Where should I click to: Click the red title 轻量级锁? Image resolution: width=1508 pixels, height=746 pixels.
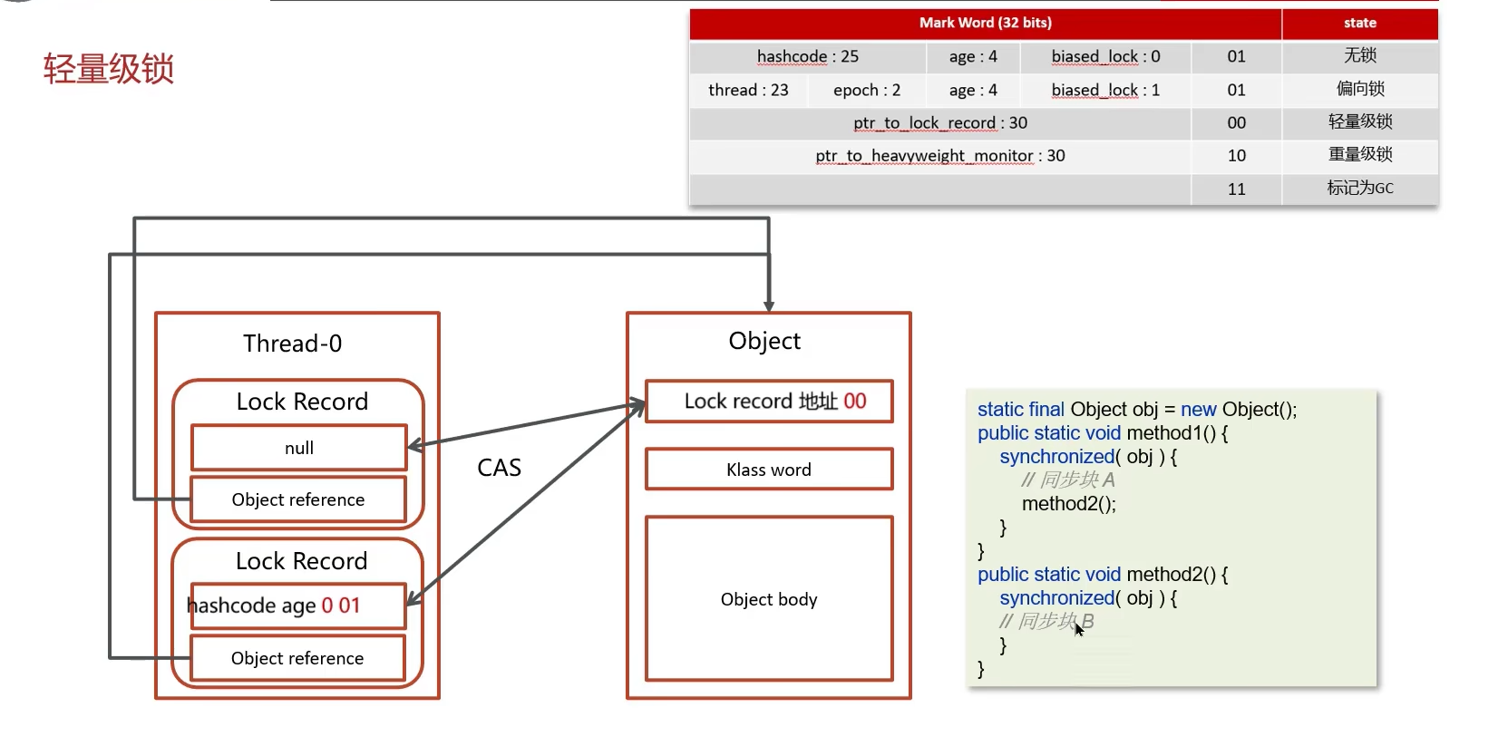(108, 69)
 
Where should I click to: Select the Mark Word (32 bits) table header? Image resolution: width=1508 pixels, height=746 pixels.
(985, 23)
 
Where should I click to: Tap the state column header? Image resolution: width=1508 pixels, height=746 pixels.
(1359, 23)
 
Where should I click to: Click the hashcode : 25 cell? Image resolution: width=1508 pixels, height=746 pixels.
(807, 56)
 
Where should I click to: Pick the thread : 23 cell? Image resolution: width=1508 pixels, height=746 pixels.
(748, 90)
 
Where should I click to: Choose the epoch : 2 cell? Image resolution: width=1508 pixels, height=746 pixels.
(867, 90)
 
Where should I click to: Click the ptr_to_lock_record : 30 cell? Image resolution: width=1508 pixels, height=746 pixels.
(939, 122)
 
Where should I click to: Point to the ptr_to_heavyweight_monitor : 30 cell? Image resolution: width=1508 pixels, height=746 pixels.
(939, 156)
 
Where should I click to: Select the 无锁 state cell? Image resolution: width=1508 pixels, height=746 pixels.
(1359, 56)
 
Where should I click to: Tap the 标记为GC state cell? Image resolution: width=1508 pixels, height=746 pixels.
(1359, 189)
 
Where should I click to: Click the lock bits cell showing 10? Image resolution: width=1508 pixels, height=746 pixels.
(1236, 156)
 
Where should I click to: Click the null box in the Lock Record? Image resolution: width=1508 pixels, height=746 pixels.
(299, 448)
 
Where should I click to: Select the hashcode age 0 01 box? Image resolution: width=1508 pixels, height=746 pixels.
(297, 606)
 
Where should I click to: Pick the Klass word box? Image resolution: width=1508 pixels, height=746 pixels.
(769, 470)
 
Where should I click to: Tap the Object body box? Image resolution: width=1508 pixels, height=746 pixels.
(769, 598)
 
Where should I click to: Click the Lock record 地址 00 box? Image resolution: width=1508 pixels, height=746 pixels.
(769, 402)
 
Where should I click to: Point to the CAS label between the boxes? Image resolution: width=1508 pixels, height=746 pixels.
(499, 468)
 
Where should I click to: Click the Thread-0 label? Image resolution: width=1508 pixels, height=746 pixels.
(292, 344)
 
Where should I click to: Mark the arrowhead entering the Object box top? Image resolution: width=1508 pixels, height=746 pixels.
(769, 306)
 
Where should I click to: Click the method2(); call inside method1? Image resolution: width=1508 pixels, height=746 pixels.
(1068, 504)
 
